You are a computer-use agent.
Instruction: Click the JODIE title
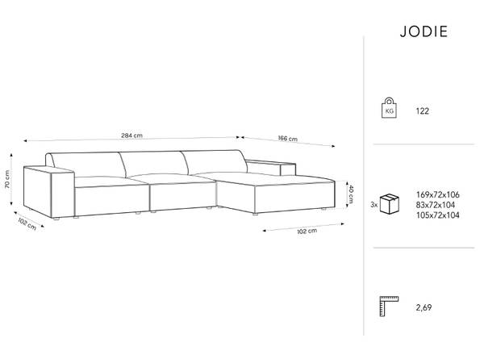tap(423, 31)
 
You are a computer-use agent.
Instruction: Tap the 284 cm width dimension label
tap(131, 136)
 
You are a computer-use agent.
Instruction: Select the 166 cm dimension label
tap(288, 139)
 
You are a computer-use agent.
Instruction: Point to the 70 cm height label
tap(6, 179)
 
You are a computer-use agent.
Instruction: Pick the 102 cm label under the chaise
tap(307, 231)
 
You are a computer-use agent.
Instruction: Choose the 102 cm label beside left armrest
tap(27, 224)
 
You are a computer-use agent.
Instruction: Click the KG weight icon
tap(390, 108)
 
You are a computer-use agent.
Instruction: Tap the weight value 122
tap(422, 111)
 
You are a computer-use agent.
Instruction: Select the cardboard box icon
tap(390, 204)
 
